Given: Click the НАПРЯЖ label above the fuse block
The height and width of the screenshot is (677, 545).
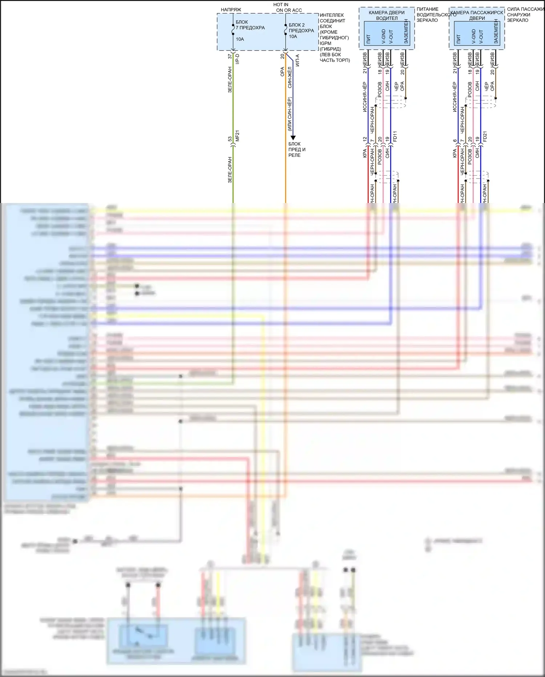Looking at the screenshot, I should pos(231,10).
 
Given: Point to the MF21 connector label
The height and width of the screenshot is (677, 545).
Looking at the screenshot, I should pos(237,136).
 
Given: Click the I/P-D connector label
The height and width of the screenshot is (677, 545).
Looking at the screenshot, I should pos(237,59).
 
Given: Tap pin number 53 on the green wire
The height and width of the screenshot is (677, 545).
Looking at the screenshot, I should pos(230,139).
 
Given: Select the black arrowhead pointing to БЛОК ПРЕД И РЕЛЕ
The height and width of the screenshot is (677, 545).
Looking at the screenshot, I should pos(293,138).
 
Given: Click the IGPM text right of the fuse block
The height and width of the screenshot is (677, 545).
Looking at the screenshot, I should pos(325,43).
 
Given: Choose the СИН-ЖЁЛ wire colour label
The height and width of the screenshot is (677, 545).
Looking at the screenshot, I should pos(290,77).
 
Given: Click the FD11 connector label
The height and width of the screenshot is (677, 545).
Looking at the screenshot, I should pos(395,136).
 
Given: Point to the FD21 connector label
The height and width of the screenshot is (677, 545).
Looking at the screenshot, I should pos(485,136).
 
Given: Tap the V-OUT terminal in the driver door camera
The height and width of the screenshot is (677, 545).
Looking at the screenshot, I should pos(391,37).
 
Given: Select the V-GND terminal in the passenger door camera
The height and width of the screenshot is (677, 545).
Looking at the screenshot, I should pos(473,37).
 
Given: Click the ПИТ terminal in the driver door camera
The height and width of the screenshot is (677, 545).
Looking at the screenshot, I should pos(368,39).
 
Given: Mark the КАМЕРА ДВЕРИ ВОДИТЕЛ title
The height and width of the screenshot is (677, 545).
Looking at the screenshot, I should pos(387,15).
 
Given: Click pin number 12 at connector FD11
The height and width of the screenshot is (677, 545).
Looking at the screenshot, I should pos(365,139).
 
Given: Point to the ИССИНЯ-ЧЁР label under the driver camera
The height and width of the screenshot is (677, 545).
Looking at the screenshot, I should pos(365,97).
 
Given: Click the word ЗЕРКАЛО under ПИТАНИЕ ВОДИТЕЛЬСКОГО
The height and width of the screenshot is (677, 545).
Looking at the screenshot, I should pos(427,20).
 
